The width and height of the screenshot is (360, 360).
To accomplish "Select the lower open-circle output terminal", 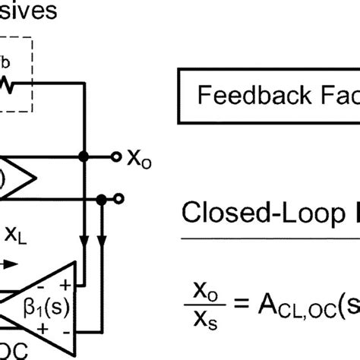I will point(118,199).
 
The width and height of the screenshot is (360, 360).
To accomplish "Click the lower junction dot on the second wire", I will point(101,199).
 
